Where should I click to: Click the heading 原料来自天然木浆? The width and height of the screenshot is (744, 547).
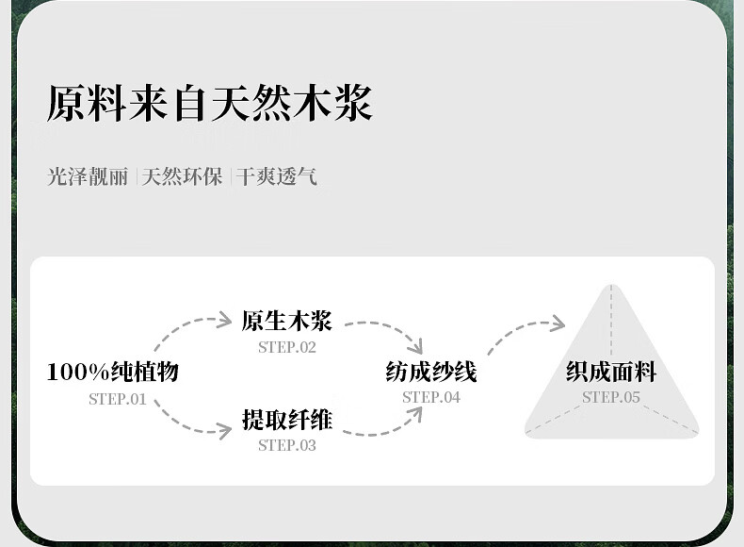[209, 103]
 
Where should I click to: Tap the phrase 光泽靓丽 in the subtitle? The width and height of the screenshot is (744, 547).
[88, 176]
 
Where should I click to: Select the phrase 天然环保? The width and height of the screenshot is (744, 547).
[182, 176]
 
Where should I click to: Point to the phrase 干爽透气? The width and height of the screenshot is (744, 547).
[276, 176]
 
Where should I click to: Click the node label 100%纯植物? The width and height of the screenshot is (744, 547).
[113, 372]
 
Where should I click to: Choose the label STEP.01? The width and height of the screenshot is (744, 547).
[118, 399]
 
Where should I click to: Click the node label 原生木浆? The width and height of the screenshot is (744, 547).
[287, 321]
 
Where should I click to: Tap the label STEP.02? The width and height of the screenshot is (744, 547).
[287, 347]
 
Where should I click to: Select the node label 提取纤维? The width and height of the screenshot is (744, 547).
[287, 419]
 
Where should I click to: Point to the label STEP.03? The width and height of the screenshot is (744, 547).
[287, 445]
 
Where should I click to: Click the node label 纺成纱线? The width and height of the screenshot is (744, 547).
[431, 372]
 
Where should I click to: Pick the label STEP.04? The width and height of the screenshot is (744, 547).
[431, 397]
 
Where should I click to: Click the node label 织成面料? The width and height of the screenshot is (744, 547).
[611, 372]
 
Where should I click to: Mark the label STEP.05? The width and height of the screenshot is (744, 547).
[611, 397]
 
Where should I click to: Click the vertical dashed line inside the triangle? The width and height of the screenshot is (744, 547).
[611, 320]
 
